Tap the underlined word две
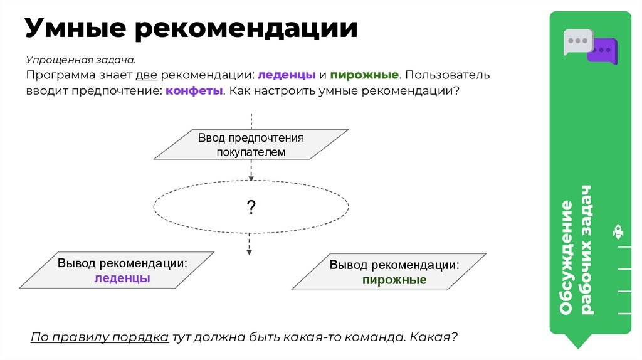[145, 75]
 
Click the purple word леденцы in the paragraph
[287, 75]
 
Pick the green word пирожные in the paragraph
[364, 75]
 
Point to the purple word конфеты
[194, 90]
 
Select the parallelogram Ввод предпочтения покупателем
[251, 144]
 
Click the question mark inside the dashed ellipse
[251, 208]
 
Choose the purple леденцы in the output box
[122, 278]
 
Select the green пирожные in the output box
[394, 280]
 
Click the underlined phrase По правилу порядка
[99, 337]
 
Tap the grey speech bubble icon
[576, 41]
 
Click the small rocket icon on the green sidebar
[618, 233]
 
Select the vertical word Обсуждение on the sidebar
[567, 257]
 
